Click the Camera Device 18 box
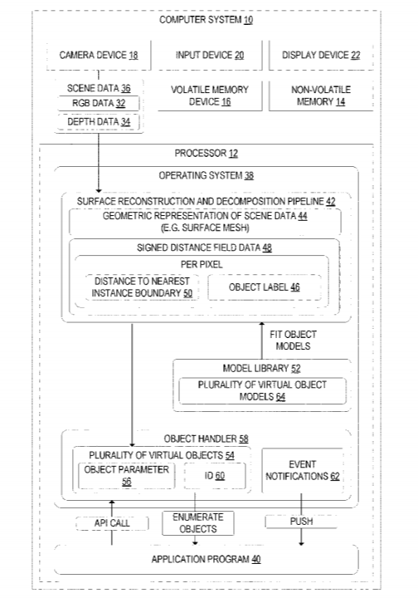pyautogui.click(x=99, y=56)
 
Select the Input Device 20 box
pyautogui.click(x=210, y=56)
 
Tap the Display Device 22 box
pyautogui.click(x=321, y=56)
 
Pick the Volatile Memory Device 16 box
pyautogui.click(x=210, y=96)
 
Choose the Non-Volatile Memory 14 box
pyautogui.click(x=321, y=96)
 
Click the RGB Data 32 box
pyautogui.click(x=99, y=103)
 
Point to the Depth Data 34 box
pyautogui.click(x=99, y=122)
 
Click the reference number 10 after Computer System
pyautogui.click(x=248, y=20)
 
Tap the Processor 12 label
pyautogui.click(x=207, y=154)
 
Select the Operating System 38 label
pyautogui.click(x=207, y=175)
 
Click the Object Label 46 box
pyautogui.click(x=265, y=287)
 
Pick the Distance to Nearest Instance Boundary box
pyautogui.click(x=142, y=287)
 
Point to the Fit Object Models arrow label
pyautogui.click(x=293, y=341)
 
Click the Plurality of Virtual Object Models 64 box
pyautogui.click(x=262, y=391)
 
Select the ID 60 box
pyautogui.click(x=215, y=476)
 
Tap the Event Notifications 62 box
pyautogui.click(x=303, y=471)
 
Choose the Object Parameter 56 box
pyautogui.click(x=126, y=476)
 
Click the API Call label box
pyautogui.click(x=112, y=523)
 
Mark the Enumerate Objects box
pyautogui.click(x=198, y=523)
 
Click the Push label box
pyautogui.click(x=302, y=522)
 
